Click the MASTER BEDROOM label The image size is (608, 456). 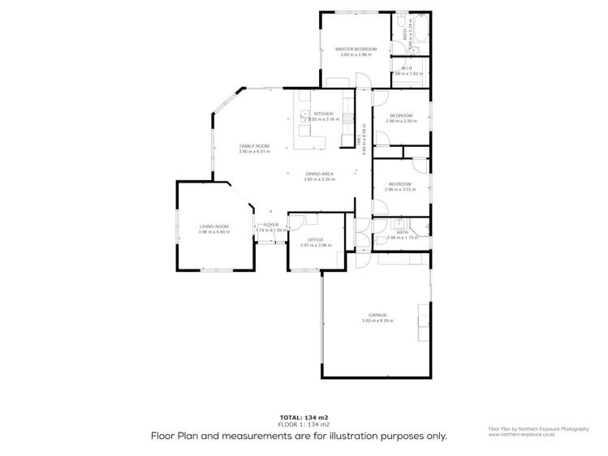pyautogui.click(x=355, y=49)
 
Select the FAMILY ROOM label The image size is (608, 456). pyautogui.click(x=253, y=146)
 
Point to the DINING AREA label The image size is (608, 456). pyautogui.click(x=318, y=174)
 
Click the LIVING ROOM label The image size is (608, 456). pyautogui.click(x=214, y=226)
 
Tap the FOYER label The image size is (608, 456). pyautogui.click(x=270, y=225)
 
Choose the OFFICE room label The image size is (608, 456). pyautogui.click(x=315, y=239)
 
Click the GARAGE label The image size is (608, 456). pyautogui.click(x=377, y=315)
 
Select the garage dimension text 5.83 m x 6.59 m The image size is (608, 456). pyautogui.click(x=377, y=320)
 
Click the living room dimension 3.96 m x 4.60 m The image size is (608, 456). pyautogui.click(x=214, y=232)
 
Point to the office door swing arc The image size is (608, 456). pyautogui.click(x=298, y=222)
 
